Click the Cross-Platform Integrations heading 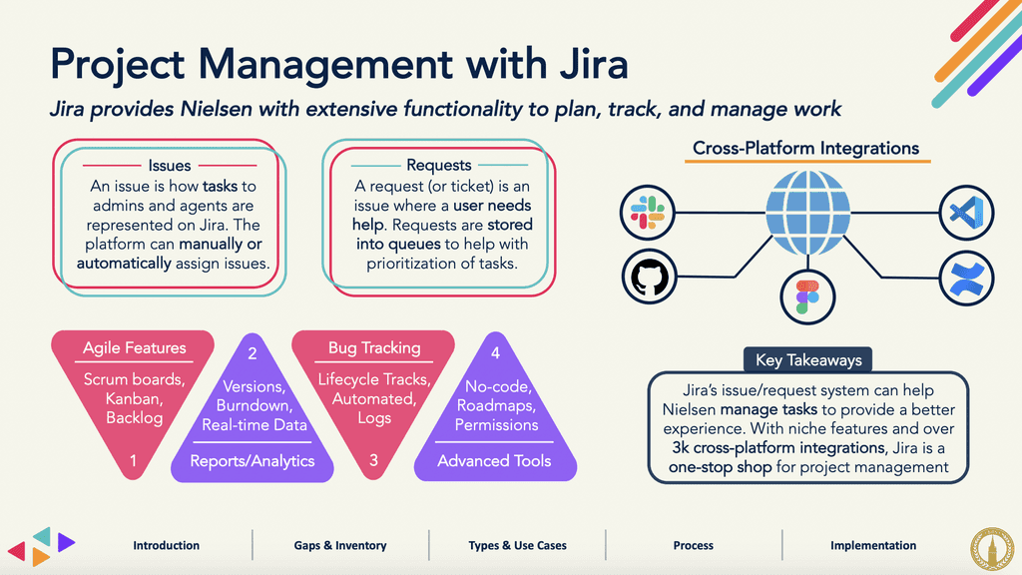[x=806, y=149]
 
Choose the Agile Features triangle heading [x=135, y=348]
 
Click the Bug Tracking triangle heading [x=374, y=348]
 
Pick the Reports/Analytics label [x=252, y=460]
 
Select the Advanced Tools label [x=494, y=460]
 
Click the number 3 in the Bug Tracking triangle [x=374, y=460]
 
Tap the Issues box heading [x=170, y=165]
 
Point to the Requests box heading [x=439, y=165]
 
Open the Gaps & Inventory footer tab [x=340, y=545]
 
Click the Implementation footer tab [x=873, y=545]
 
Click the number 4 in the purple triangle [x=495, y=352]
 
